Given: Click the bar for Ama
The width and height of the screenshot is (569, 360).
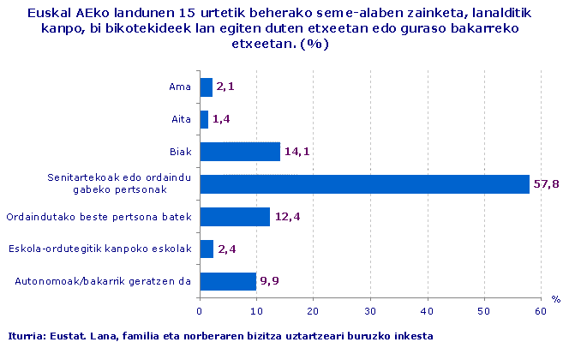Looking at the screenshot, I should tap(206, 87).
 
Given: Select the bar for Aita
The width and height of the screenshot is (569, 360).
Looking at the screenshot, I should tap(204, 119).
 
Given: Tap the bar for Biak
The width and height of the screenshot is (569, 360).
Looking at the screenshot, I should tap(240, 152).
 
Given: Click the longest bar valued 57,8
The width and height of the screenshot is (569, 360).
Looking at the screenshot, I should tap(364, 183).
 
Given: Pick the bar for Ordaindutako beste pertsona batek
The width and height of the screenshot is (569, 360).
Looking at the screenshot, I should tap(235, 216).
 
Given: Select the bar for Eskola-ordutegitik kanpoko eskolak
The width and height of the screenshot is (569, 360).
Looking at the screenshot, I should tap(207, 249).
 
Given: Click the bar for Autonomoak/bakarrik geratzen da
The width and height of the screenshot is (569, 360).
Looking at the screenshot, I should tap(228, 281).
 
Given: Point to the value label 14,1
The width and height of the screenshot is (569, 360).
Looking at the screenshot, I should tap(296, 153).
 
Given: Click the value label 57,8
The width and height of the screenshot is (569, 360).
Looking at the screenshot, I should tap(546, 184).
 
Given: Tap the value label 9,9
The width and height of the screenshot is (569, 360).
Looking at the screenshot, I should tap(270, 281).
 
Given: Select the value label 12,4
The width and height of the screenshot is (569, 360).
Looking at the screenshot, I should tap(286, 217).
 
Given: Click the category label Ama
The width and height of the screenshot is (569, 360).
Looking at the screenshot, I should tap(180, 87).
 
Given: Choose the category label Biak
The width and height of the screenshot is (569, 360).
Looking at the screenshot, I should tap(179, 152).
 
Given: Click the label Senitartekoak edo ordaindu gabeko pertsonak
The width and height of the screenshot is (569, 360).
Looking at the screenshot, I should tap(119, 183).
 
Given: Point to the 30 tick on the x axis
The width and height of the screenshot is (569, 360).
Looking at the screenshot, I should tap(370, 311).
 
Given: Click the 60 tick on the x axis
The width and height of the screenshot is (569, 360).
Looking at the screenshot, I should tap(540, 311).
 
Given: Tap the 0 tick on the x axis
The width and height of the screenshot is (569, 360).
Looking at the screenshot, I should tap(200, 311).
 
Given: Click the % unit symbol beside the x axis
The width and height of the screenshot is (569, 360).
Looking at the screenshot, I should tap(554, 298).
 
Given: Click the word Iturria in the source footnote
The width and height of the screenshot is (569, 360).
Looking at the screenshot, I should tap(25, 335).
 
